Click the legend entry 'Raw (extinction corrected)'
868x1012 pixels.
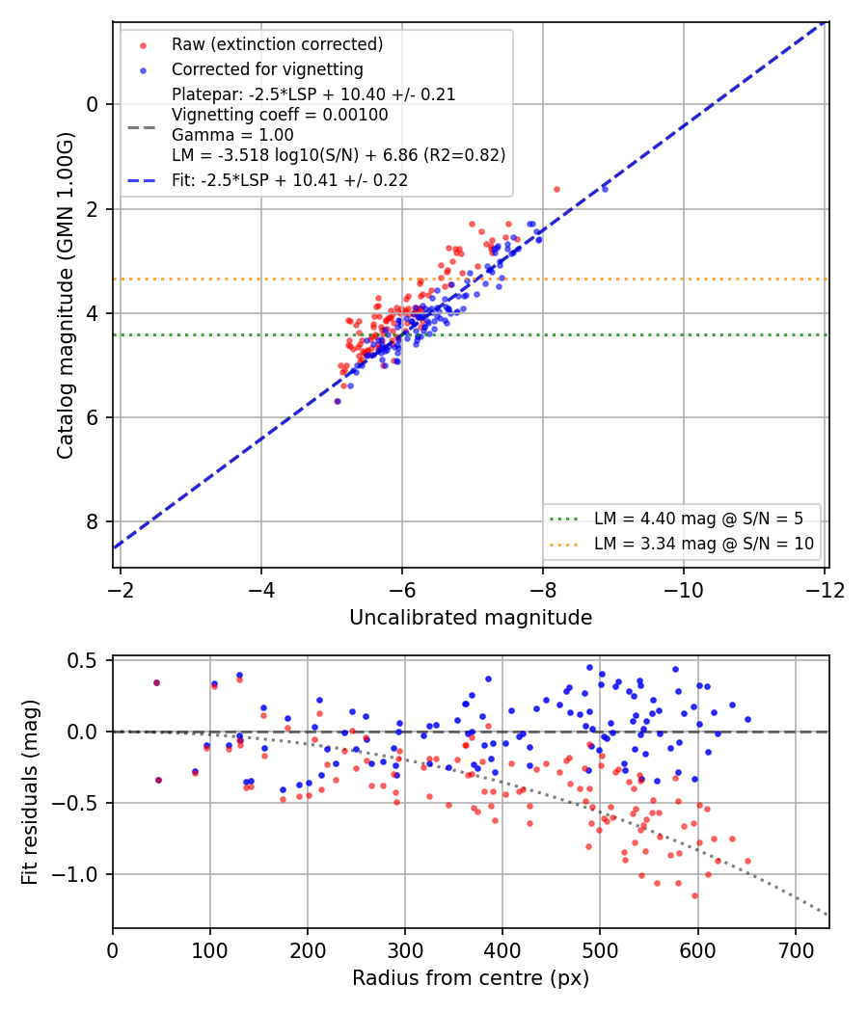click(x=277, y=44)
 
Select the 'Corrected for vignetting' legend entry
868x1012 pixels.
click(x=267, y=69)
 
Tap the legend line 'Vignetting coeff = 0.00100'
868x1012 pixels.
click(x=280, y=115)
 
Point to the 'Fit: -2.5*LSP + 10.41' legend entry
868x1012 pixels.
click(x=290, y=180)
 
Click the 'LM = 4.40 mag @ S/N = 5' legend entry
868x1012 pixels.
click(x=699, y=519)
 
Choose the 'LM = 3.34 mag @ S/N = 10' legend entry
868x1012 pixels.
click(x=704, y=544)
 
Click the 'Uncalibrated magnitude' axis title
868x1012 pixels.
click(x=471, y=618)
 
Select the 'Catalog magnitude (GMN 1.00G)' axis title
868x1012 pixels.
click(x=66, y=296)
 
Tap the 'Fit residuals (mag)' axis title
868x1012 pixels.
click(x=30, y=792)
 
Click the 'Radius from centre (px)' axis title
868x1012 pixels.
click(x=471, y=978)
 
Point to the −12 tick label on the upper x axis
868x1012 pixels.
click(x=825, y=590)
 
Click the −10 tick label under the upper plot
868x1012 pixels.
click(x=684, y=590)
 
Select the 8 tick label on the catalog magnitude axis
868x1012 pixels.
click(x=93, y=521)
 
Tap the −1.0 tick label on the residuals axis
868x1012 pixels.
click(x=75, y=874)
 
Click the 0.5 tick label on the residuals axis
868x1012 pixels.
click(x=82, y=661)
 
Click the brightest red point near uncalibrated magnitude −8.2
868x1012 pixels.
click(x=556, y=190)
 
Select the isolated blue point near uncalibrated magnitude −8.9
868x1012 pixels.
click(x=605, y=189)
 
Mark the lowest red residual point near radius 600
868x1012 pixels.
click(x=695, y=895)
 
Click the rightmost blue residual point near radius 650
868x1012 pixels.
click(x=747, y=720)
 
